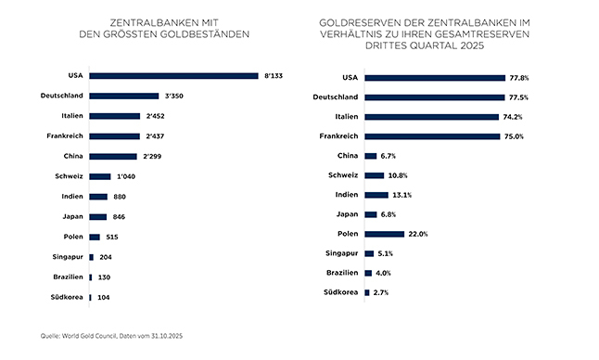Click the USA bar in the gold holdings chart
pos(173,76)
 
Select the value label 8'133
pos(274,76)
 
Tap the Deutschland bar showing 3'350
pos(124,96)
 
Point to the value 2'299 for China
pos(154,156)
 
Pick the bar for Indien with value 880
pos(98,197)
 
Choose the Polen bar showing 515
pos(95,237)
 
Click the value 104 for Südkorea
pos(104,297)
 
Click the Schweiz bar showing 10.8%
pos(375,175)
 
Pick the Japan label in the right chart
pos(347,214)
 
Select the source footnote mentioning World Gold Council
pos(107,335)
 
